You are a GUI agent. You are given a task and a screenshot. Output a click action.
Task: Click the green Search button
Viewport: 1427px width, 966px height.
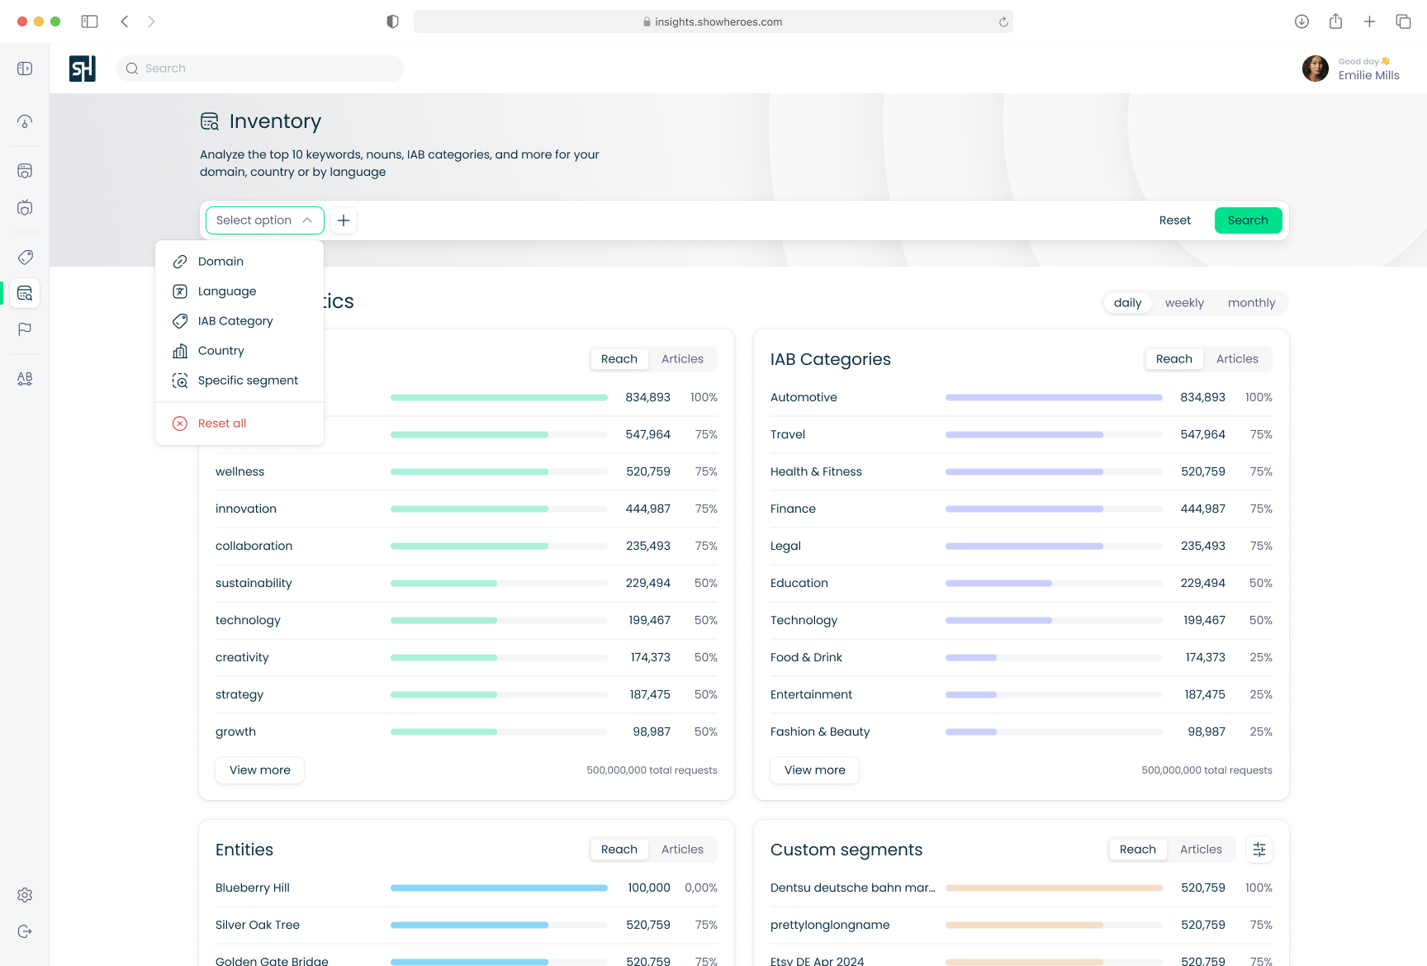coord(1248,220)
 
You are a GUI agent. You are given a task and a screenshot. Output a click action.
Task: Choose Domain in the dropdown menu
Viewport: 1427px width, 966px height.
coord(220,262)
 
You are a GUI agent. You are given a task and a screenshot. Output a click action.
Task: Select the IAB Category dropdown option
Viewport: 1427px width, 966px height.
coord(235,321)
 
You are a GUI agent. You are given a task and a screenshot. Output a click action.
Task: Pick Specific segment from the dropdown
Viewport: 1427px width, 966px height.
coord(248,381)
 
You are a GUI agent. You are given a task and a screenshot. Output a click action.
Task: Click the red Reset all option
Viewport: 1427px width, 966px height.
coord(222,424)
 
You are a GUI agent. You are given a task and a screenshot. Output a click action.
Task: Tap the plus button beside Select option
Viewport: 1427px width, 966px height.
coord(344,220)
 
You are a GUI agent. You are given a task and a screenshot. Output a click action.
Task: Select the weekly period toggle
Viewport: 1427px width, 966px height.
coord(1184,303)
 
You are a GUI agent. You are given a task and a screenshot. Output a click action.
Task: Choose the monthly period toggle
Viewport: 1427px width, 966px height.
coord(1251,303)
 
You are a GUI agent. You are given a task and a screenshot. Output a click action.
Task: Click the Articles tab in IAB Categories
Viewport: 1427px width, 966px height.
coord(1237,359)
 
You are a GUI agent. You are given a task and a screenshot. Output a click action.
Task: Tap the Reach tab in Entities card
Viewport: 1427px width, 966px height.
coord(619,850)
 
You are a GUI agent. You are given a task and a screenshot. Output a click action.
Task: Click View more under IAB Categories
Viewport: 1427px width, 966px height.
coord(815,770)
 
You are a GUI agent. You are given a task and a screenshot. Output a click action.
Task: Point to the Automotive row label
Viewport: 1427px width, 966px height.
coord(804,397)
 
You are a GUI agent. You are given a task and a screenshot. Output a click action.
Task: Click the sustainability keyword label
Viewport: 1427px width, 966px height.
coord(254,583)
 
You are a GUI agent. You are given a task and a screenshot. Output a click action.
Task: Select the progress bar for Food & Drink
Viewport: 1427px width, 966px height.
coord(1054,657)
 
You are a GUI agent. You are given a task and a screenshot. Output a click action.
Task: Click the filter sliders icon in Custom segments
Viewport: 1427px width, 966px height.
coord(1259,850)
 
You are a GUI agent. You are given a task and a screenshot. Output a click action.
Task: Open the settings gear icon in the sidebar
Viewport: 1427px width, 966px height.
coord(25,895)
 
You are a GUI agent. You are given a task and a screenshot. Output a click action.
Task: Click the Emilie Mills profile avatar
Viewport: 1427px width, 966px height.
coord(1316,69)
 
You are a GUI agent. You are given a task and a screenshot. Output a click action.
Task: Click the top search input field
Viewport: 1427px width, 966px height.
coord(260,69)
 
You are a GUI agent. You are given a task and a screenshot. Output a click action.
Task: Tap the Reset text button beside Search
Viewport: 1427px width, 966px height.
coord(1175,220)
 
